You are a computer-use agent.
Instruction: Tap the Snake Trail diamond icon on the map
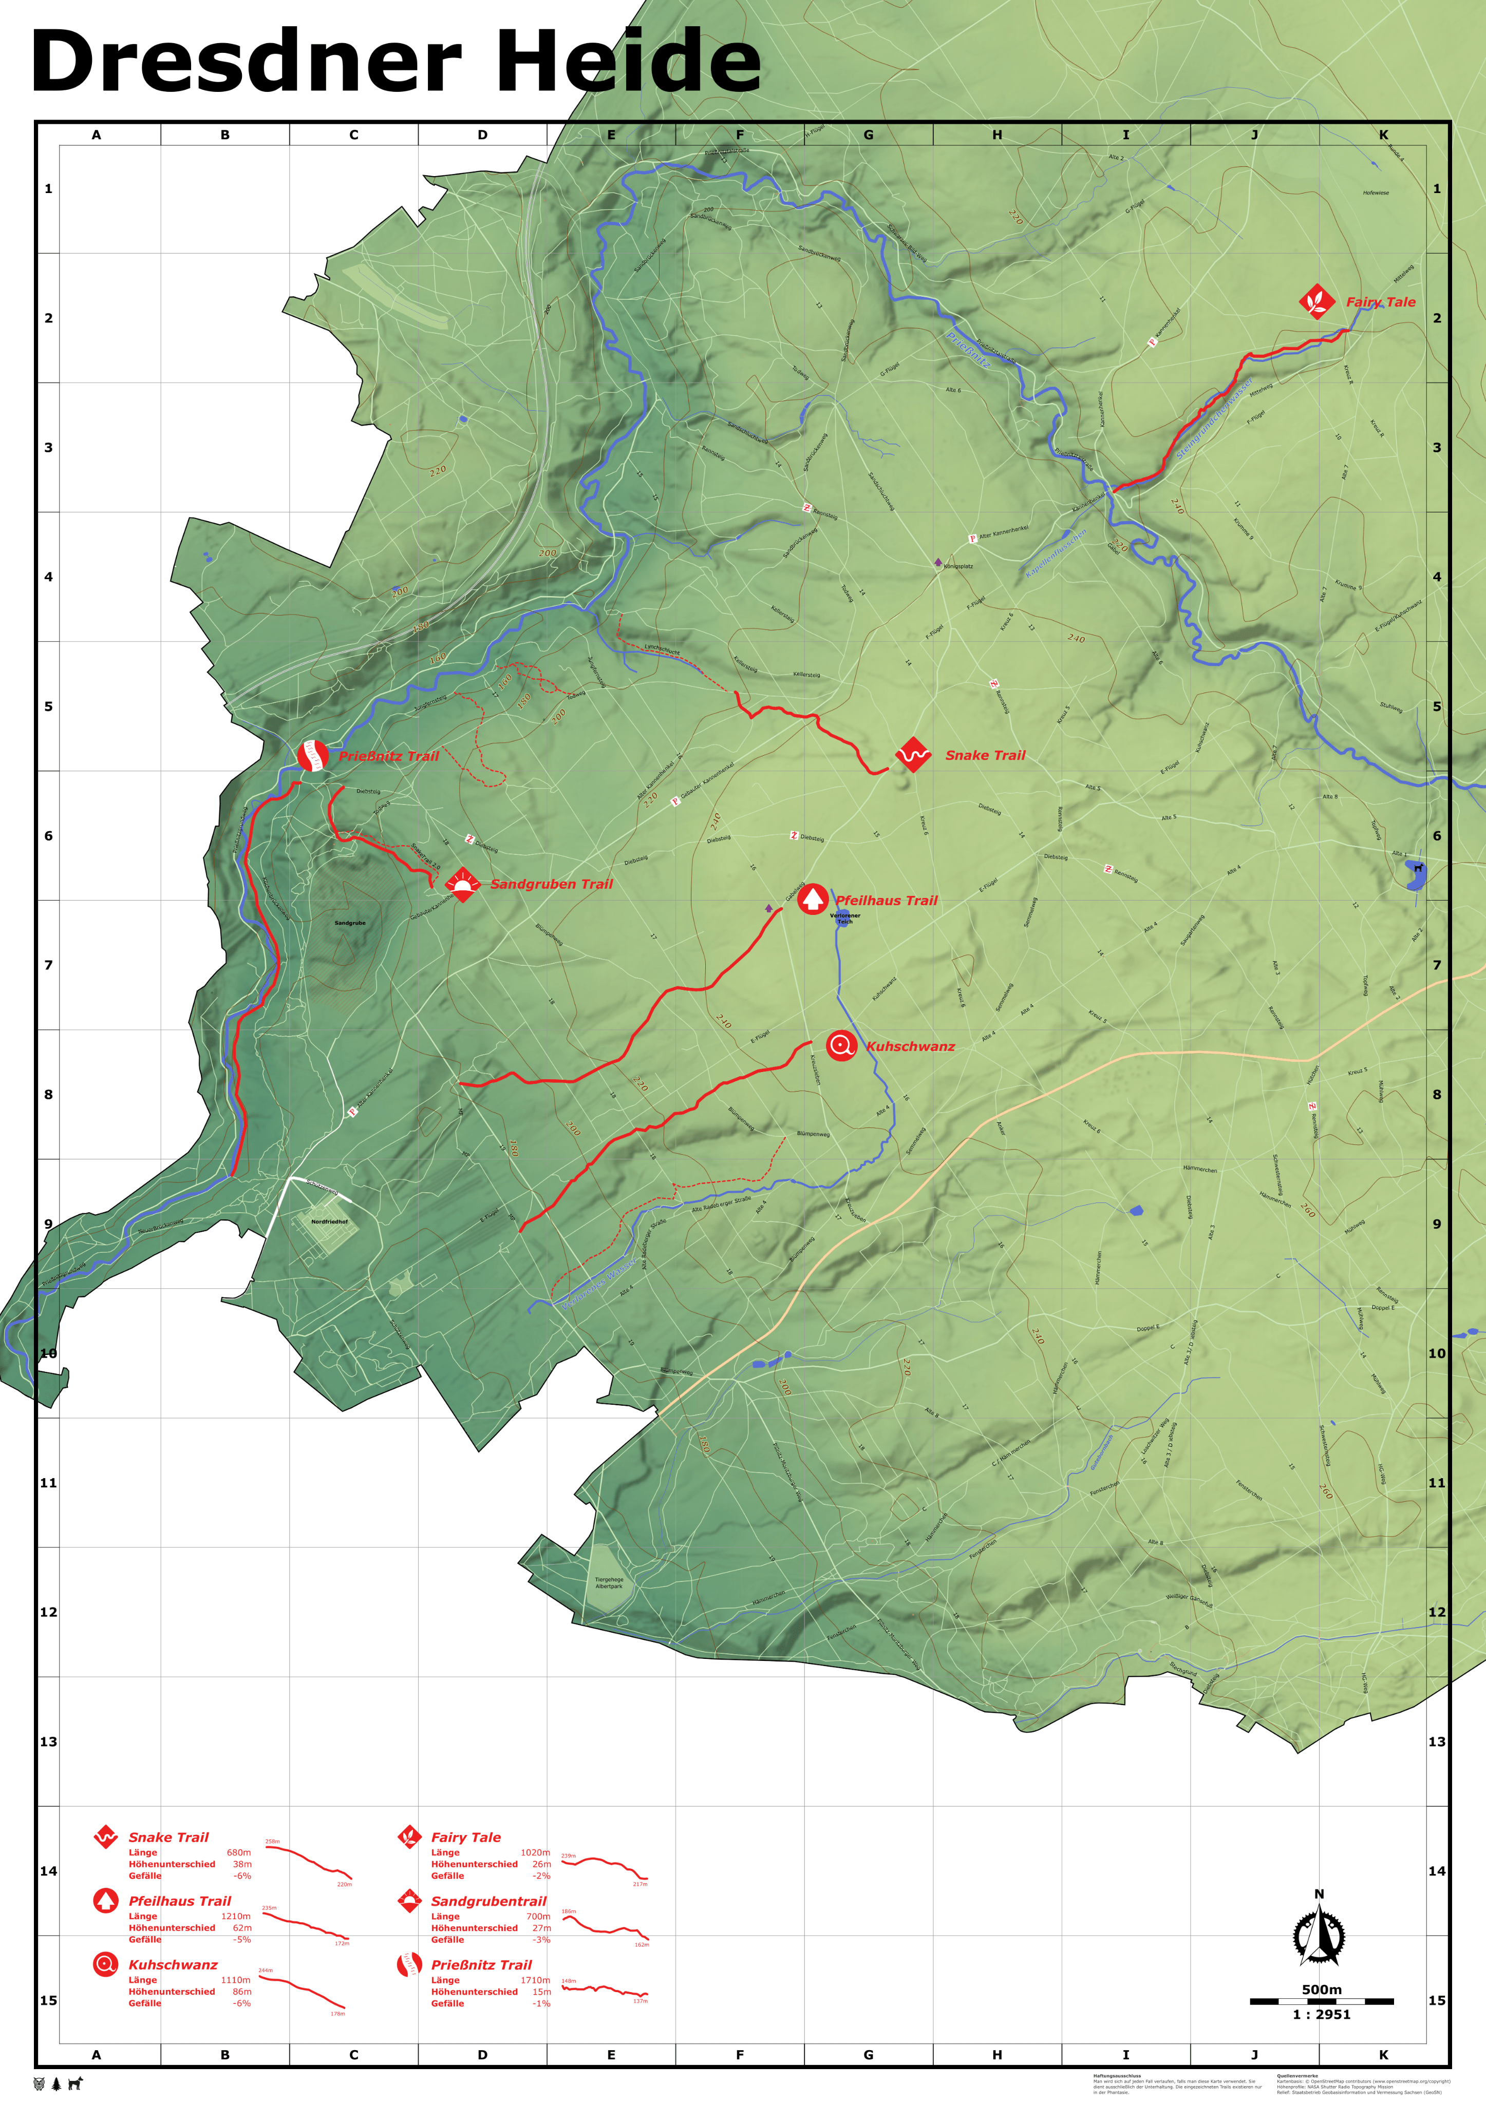[x=912, y=755]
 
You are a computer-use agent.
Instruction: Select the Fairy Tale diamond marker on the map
[x=1316, y=301]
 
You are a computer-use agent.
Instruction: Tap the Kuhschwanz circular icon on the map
[x=841, y=1045]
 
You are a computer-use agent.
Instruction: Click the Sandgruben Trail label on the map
[x=552, y=884]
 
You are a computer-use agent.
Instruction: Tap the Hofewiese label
[x=1375, y=193]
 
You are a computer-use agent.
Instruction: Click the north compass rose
[x=1319, y=1936]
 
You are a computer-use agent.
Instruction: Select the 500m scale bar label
[x=1321, y=1990]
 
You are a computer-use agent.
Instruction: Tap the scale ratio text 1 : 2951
[x=1321, y=2014]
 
